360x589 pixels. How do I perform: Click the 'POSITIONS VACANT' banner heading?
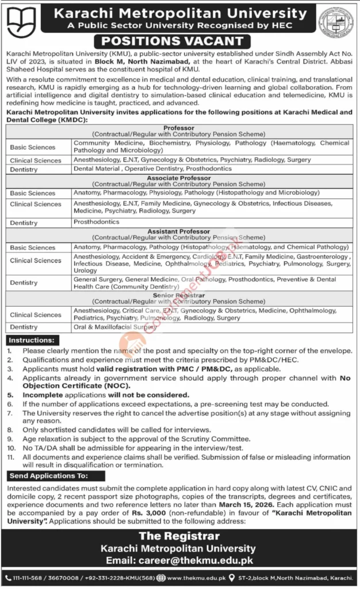[180, 40]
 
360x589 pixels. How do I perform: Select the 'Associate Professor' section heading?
[179, 178]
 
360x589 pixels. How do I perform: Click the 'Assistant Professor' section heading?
[179, 232]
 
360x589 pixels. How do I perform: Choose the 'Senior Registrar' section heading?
[179, 294]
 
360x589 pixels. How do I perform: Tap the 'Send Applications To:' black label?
[48, 476]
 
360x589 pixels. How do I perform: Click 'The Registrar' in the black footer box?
[180, 537]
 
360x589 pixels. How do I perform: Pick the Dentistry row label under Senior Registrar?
[24, 327]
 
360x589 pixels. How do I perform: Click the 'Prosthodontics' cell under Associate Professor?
[96, 221]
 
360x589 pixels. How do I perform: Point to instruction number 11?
[12, 456]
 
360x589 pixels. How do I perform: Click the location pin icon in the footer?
[231, 578]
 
